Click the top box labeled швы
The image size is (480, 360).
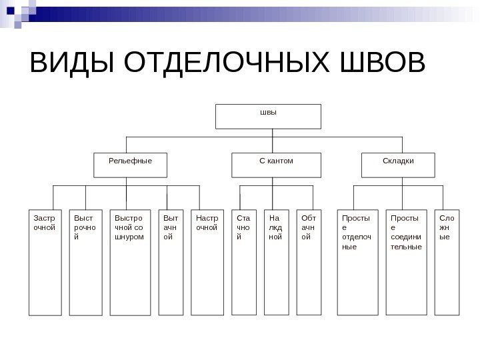268,115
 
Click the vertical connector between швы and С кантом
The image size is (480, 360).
273,140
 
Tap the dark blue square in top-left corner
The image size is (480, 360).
10,10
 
